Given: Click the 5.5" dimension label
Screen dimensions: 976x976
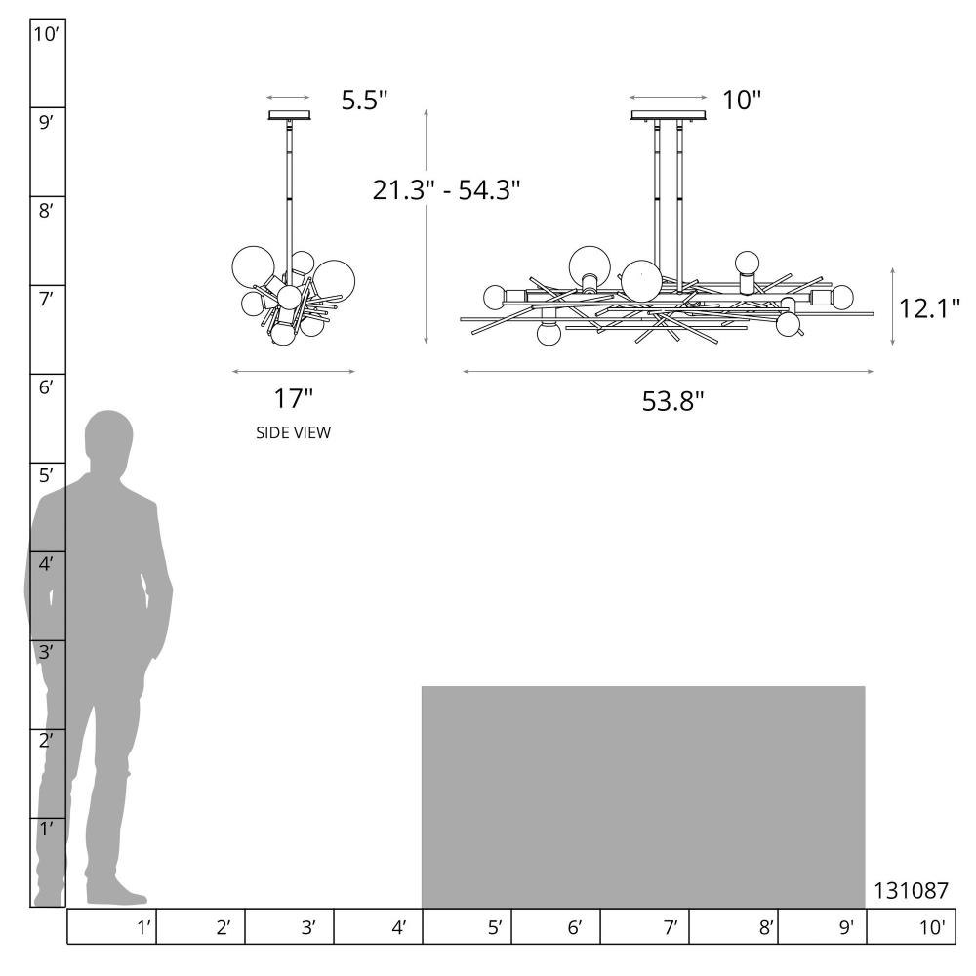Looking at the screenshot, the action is click(x=364, y=100).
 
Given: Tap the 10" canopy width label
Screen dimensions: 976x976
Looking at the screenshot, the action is click(x=742, y=100).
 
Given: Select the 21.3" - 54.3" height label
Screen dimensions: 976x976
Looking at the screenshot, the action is click(x=446, y=190).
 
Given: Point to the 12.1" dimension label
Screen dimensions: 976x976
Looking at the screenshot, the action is click(x=929, y=308).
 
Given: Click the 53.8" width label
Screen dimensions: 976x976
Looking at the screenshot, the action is click(x=672, y=401).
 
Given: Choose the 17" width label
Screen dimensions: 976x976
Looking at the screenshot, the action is click(x=293, y=398).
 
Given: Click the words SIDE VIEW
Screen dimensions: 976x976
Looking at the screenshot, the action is click(x=293, y=432).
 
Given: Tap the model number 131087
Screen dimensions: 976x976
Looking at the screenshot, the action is click(x=912, y=891).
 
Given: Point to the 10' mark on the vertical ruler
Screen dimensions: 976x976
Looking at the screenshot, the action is click(x=46, y=34).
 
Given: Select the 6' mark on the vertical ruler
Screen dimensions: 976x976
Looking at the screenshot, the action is click(x=46, y=387).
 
